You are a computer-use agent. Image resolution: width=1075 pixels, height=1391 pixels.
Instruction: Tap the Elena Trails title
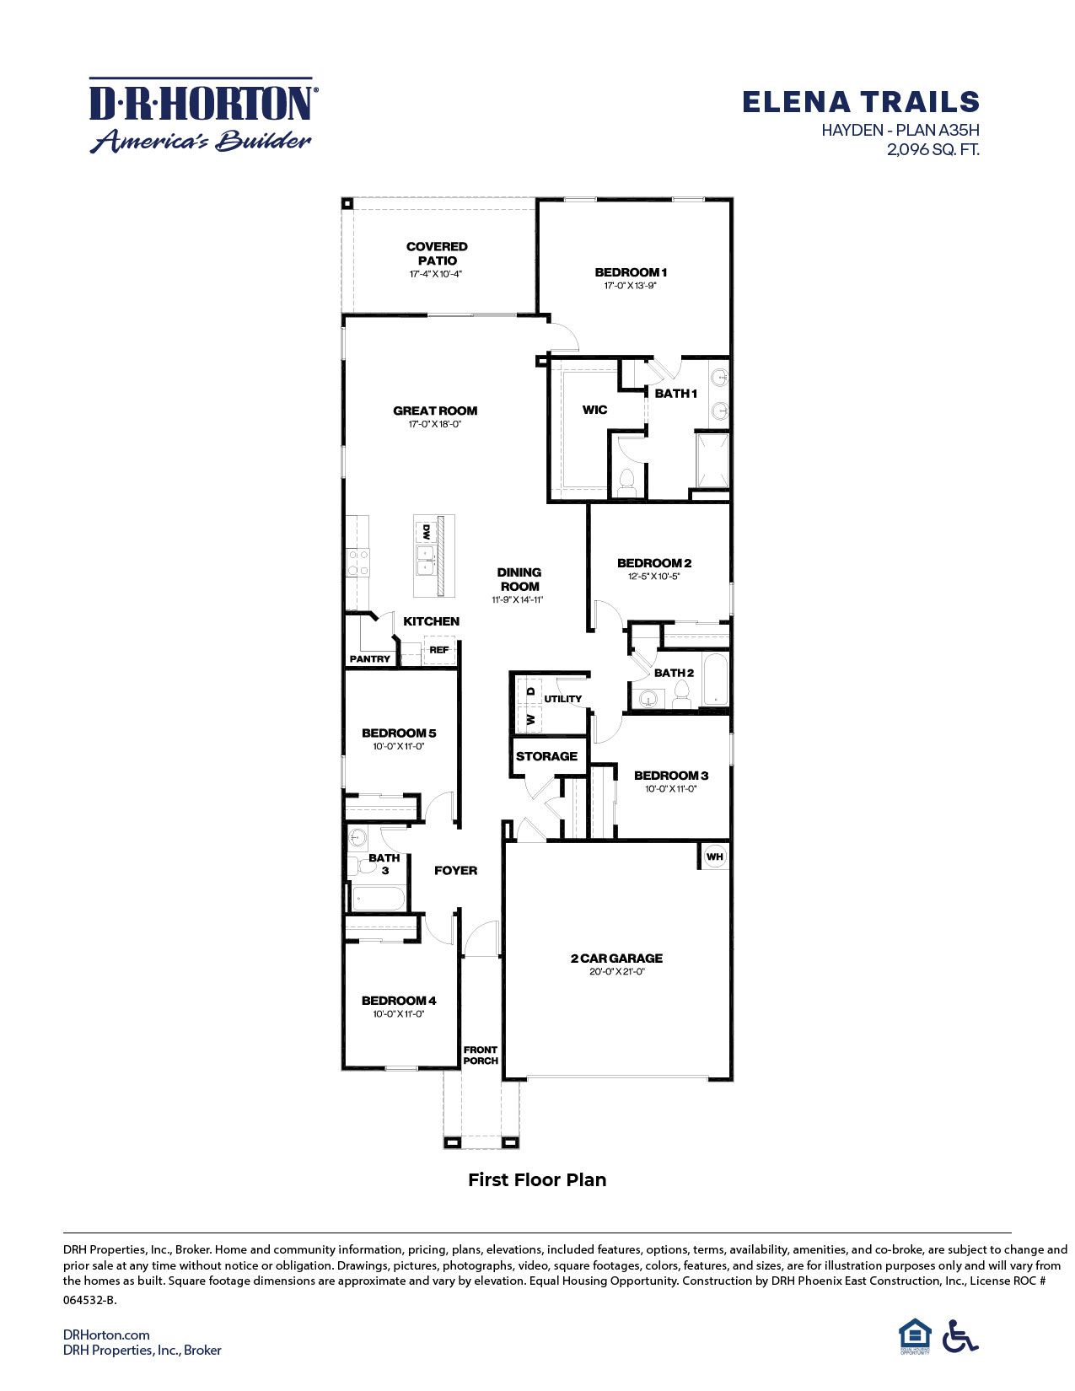click(860, 102)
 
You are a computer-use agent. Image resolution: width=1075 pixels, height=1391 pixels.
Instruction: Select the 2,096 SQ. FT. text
click(932, 150)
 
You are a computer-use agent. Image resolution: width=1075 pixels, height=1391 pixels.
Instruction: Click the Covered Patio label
click(437, 253)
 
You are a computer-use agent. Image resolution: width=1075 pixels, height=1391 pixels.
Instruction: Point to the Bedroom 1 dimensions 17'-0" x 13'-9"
click(631, 286)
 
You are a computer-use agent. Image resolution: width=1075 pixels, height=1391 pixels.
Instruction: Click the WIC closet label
click(594, 410)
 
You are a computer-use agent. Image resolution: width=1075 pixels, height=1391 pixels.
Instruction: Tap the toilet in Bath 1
click(626, 481)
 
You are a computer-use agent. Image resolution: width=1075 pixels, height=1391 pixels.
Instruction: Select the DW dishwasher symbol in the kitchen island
click(427, 532)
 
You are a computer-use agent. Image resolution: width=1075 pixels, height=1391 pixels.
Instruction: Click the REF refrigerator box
click(438, 650)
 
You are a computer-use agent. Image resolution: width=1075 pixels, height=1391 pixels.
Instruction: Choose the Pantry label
click(370, 658)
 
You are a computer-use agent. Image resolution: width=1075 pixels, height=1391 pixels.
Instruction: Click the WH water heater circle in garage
click(714, 857)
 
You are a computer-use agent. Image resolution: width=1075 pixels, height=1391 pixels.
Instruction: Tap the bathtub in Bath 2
click(716, 679)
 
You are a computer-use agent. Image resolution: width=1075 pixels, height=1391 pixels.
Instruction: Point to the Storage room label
click(546, 756)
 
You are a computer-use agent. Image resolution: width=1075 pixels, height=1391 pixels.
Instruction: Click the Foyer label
click(455, 870)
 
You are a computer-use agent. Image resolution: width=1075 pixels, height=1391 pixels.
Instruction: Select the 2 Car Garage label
click(617, 958)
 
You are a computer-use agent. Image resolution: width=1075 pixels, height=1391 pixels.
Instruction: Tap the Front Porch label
click(481, 1055)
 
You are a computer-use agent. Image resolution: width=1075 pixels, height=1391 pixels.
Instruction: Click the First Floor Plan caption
click(537, 1179)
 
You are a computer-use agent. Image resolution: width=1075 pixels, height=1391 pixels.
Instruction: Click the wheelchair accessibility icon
click(959, 1336)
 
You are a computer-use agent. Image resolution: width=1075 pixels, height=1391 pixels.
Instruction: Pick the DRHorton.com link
click(106, 1334)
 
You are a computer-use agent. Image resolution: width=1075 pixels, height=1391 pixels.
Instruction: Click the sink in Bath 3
click(357, 838)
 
